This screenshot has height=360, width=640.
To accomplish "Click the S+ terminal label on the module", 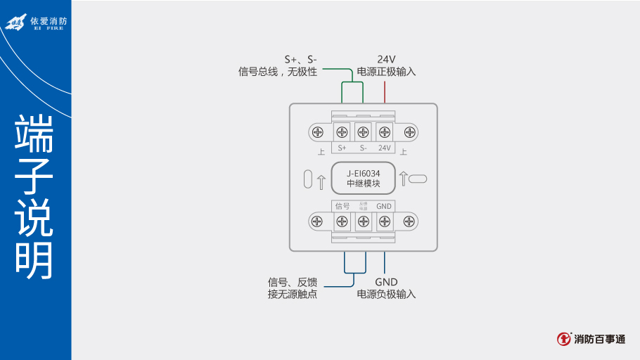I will pos(343,148).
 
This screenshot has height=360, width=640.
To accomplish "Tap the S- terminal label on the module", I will pos(363,148).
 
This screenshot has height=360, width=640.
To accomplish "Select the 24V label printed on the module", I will pos(385,148).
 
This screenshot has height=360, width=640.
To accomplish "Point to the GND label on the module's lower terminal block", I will pos(384,206).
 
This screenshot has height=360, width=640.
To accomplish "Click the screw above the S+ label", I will pos(343,131).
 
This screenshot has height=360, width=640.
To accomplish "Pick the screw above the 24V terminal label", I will pos(385,131).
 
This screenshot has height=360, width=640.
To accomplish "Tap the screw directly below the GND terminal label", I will pos(385,222).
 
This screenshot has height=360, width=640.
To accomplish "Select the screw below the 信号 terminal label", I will pos(343,222).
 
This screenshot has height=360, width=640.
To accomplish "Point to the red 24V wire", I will pos(385,91).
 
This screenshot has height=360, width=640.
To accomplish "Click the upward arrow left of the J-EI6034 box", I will pos(321,181).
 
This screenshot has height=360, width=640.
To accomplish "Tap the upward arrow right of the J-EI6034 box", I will pos(404,179).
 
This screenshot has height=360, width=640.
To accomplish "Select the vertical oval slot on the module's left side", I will pos(307,179).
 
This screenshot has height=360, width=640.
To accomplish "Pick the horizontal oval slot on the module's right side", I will pos(418,179).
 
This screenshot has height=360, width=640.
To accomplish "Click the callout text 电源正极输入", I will pos(386,72).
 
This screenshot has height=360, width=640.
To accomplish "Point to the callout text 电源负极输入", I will pos(386,294).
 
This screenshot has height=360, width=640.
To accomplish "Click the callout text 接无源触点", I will pos(293,294).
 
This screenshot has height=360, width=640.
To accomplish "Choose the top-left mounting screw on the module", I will pos(318,131).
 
